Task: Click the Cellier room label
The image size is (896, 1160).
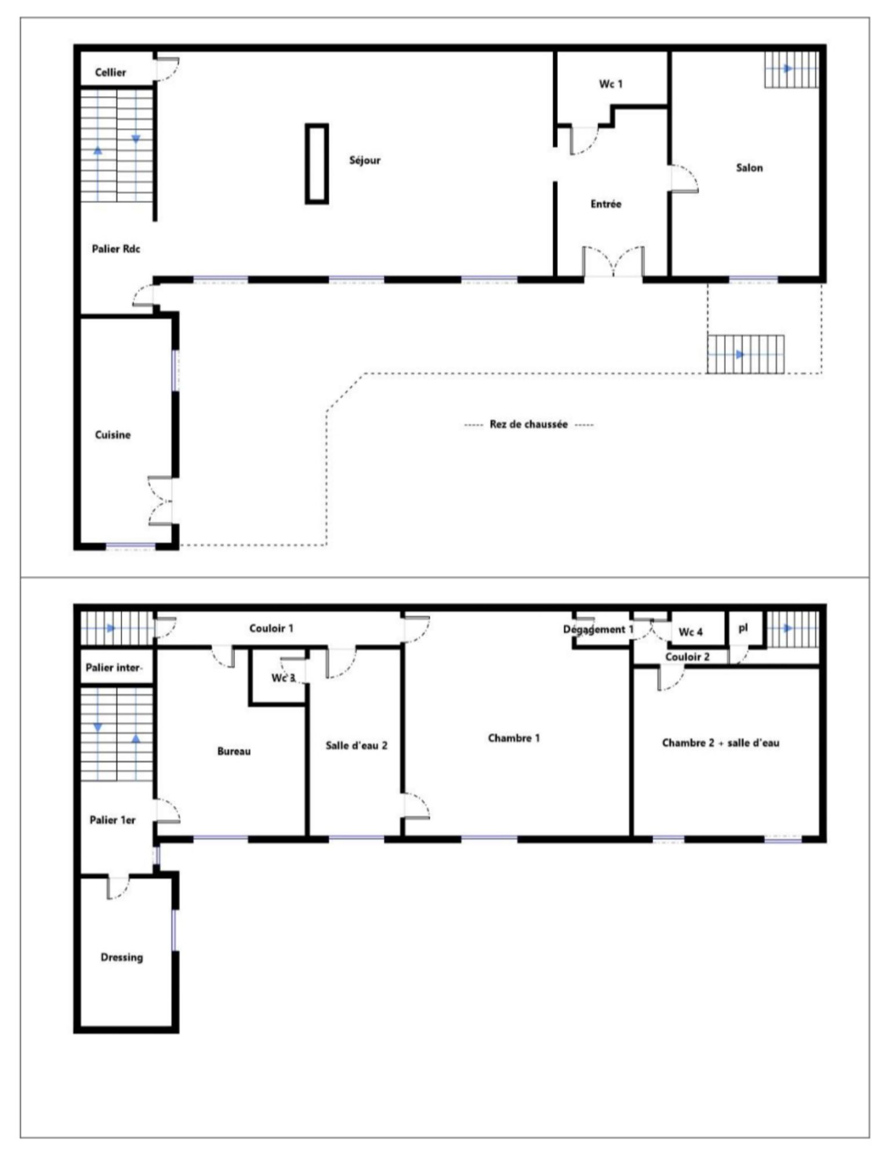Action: pyautogui.click(x=110, y=72)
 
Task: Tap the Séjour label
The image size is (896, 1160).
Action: pyautogui.click(x=365, y=160)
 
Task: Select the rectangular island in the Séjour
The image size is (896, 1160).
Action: pyautogui.click(x=317, y=164)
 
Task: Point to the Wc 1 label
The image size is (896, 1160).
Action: pyautogui.click(x=611, y=84)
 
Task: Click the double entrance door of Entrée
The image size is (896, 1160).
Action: pyautogui.click(x=613, y=262)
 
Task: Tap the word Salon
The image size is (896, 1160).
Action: pyautogui.click(x=749, y=168)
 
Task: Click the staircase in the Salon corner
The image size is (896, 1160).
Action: pyautogui.click(x=791, y=69)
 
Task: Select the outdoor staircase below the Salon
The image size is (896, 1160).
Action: pyautogui.click(x=745, y=354)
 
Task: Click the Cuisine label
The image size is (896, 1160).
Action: pyautogui.click(x=113, y=435)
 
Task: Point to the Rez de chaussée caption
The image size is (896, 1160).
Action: pyautogui.click(x=528, y=424)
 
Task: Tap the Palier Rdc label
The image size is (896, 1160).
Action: pyautogui.click(x=116, y=249)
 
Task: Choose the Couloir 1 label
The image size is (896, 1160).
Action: pyautogui.click(x=271, y=628)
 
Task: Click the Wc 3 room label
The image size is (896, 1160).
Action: pyautogui.click(x=283, y=677)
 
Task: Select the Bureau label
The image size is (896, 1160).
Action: pyautogui.click(x=234, y=751)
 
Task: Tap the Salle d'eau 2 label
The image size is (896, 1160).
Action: pyautogui.click(x=356, y=745)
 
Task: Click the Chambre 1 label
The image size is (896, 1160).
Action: pyautogui.click(x=514, y=738)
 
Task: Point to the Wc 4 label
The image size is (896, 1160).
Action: pyautogui.click(x=691, y=632)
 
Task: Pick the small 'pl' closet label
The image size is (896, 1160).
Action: pyautogui.click(x=743, y=628)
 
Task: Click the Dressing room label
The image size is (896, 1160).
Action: pyautogui.click(x=122, y=957)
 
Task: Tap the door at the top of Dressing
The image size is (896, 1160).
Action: pyautogui.click(x=118, y=887)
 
